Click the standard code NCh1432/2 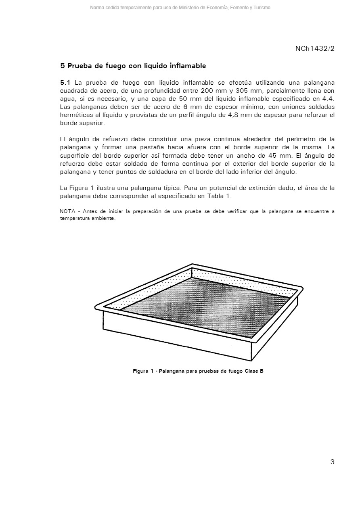[315, 49]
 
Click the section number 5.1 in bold [65, 83]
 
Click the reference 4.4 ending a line [328, 99]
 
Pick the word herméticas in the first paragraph [75, 115]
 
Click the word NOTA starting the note [67, 211]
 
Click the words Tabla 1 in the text [219, 196]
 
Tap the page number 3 [332, 462]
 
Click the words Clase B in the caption [254, 371]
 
